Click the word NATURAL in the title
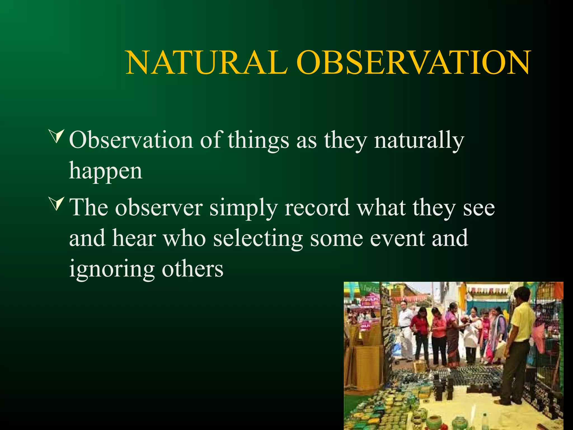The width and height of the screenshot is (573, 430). coord(206,63)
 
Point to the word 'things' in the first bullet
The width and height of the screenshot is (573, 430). coord(258,140)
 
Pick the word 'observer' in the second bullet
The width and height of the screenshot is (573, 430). coord(159,208)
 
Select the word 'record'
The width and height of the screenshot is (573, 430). coord(317,208)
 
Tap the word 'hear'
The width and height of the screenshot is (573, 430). coord(134,238)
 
